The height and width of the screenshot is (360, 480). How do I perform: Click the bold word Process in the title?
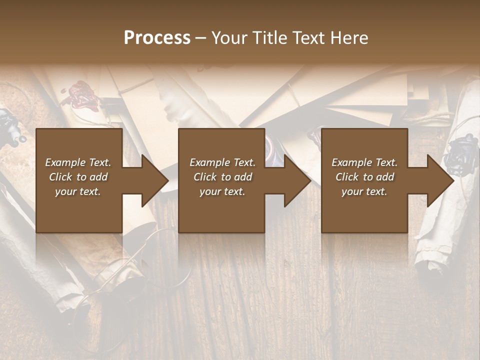tap(157, 38)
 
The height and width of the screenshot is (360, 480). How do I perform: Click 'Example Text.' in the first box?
tap(78, 162)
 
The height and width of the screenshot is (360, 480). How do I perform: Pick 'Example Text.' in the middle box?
tap(222, 162)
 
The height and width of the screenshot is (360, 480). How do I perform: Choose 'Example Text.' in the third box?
tap(364, 162)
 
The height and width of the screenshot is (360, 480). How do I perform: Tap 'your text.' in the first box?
tap(78, 191)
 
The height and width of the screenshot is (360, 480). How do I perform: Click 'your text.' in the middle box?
tap(222, 191)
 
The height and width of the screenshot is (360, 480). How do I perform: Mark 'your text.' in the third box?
tap(364, 191)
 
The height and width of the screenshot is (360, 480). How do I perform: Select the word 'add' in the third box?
tap(386, 177)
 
